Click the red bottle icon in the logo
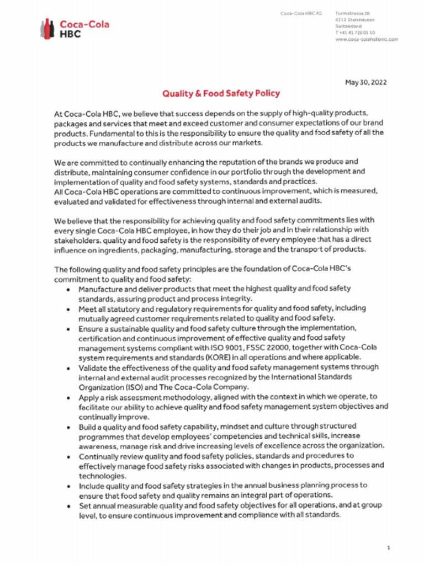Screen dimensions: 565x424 tap(48, 28)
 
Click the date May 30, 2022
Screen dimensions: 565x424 tap(365, 82)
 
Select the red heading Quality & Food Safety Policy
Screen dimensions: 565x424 tap(220, 94)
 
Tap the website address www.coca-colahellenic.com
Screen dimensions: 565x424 tap(367, 40)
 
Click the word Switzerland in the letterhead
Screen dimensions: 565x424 tap(348, 26)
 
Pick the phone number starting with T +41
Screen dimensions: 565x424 tap(353, 33)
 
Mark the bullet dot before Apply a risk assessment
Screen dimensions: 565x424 tap(67, 397)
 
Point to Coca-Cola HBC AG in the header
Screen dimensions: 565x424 tap(301, 12)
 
